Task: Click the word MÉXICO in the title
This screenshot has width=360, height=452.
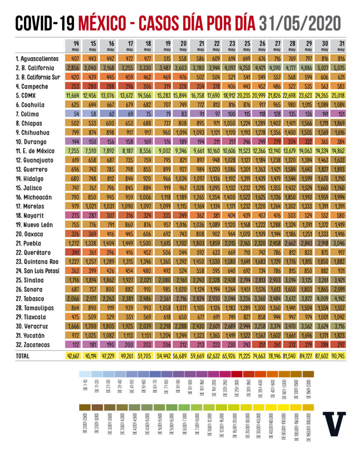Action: coord(106,23)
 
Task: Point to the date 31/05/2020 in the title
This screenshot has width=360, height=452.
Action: coord(300,23)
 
